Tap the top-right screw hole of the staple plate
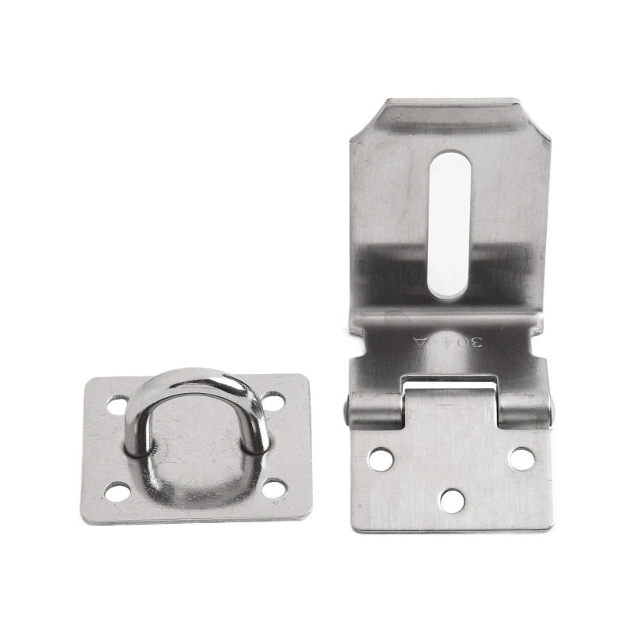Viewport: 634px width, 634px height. [x=273, y=401]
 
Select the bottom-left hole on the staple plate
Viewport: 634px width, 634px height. [x=118, y=492]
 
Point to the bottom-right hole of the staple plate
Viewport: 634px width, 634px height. [x=274, y=488]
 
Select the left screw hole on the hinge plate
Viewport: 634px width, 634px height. [x=380, y=458]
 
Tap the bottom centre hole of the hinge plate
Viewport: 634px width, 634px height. [x=452, y=500]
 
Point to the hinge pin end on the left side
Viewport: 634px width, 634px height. [x=348, y=411]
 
